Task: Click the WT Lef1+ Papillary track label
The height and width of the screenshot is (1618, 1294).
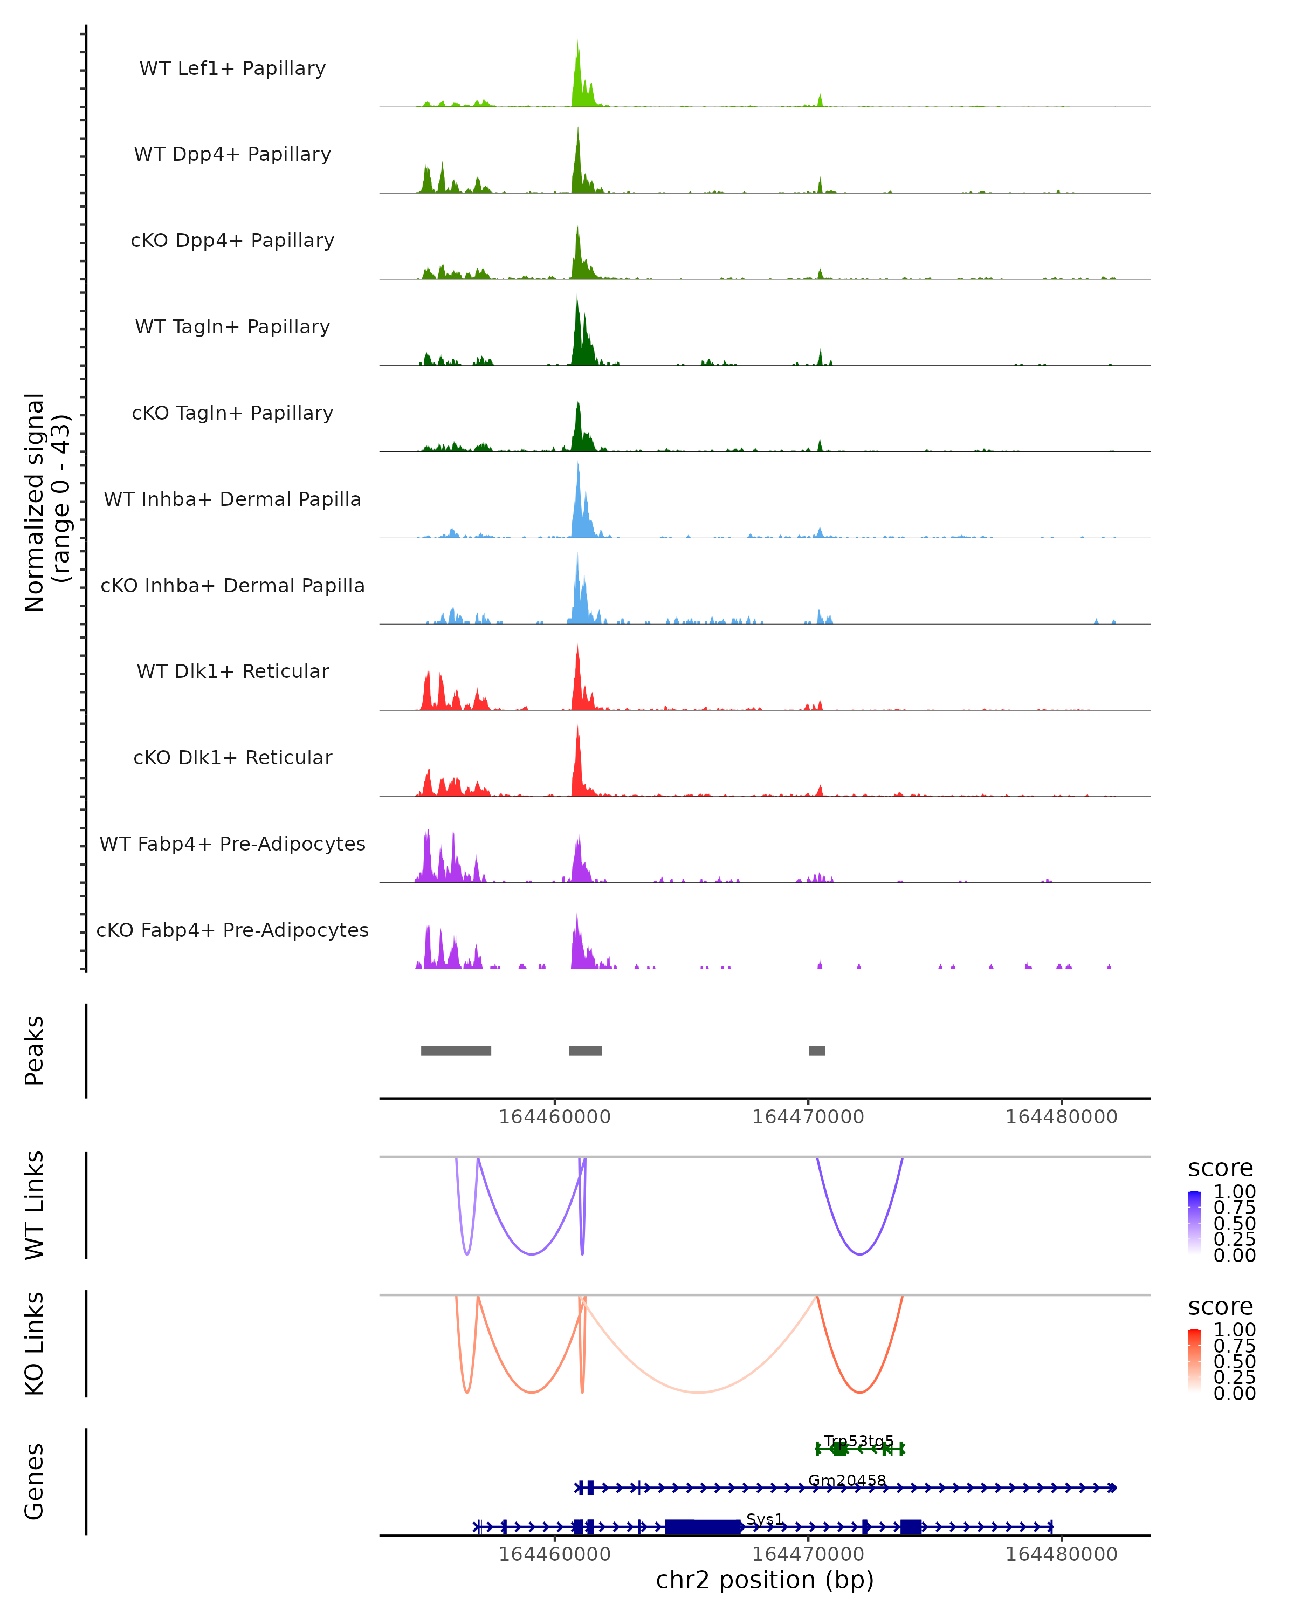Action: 232,68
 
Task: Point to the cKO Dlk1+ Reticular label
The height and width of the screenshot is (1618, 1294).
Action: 232,757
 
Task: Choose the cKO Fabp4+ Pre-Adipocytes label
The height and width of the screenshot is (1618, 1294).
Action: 232,930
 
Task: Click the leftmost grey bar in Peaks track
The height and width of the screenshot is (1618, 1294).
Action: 456,1051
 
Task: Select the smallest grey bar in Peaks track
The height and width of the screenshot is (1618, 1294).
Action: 817,1051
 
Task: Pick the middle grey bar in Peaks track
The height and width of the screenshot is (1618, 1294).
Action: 585,1051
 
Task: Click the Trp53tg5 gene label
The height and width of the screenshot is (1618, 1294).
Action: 859,1441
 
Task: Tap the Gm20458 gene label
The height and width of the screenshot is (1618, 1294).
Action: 847,1480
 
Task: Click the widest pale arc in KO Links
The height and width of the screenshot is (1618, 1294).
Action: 698,1391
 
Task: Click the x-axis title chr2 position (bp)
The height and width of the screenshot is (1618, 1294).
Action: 765,1580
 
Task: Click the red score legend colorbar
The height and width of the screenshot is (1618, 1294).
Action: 1194,1361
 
